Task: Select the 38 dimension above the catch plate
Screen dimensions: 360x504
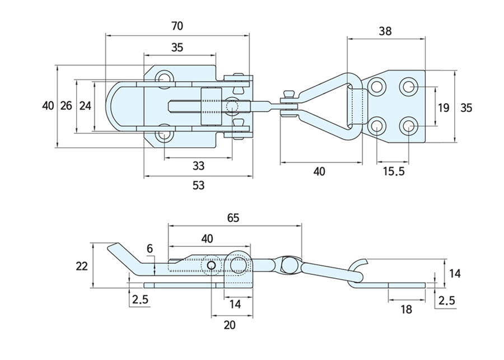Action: [x=385, y=31]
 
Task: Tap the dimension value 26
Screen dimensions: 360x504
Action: [x=66, y=106]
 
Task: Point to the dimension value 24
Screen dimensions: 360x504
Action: [x=85, y=106]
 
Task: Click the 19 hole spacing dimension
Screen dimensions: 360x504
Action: [x=444, y=108]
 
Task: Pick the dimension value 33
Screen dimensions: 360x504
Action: [x=198, y=166]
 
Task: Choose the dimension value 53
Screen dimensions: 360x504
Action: [x=198, y=185]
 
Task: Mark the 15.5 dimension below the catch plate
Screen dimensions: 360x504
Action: [x=393, y=171]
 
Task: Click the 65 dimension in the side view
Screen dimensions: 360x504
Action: [x=234, y=218]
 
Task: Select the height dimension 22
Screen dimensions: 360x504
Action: [x=82, y=267]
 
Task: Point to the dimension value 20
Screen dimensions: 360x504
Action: [x=229, y=325]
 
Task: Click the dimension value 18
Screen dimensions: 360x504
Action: [x=407, y=309]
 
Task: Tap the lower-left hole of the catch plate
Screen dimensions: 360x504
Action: [x=377, y=125]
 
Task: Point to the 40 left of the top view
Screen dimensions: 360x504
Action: [x=48, y=106]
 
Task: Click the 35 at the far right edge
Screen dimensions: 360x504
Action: [x=466, y=108]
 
